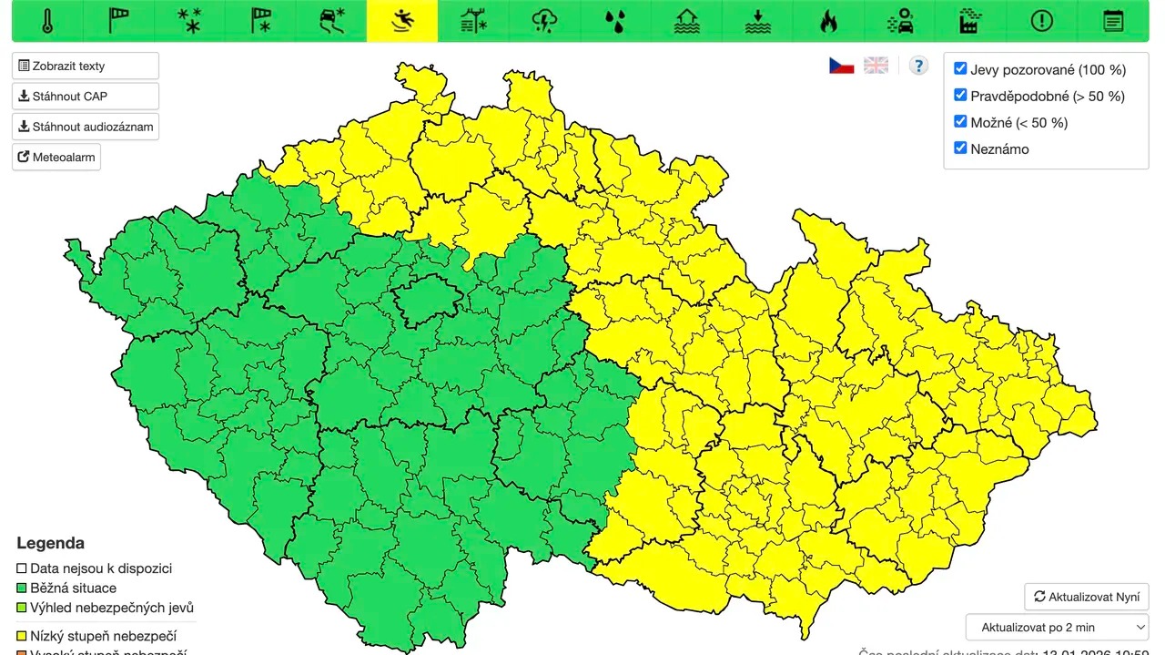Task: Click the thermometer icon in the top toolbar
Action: point(47,21)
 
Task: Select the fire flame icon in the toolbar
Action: point(828,21)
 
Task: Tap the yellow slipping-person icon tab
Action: point(401,21)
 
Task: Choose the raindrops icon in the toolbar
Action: point(615,21)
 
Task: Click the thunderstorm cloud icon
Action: point(544,21)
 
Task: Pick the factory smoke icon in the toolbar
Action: point(970,21)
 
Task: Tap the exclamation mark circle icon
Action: point(1041,21)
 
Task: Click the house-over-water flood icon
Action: point(686,21)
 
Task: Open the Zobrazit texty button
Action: point(86,66)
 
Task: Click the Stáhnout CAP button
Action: point(86,96)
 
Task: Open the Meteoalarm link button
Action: point(56,157)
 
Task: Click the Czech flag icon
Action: point(841,66)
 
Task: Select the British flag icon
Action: point(876,66)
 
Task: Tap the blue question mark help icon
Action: point(918,66)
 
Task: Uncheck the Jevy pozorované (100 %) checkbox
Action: point(960,68)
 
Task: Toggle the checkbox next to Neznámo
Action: point(960,148)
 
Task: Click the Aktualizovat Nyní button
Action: point(1086,597)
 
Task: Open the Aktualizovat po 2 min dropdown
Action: point(1057,627)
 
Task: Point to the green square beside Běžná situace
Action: point(22,588)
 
